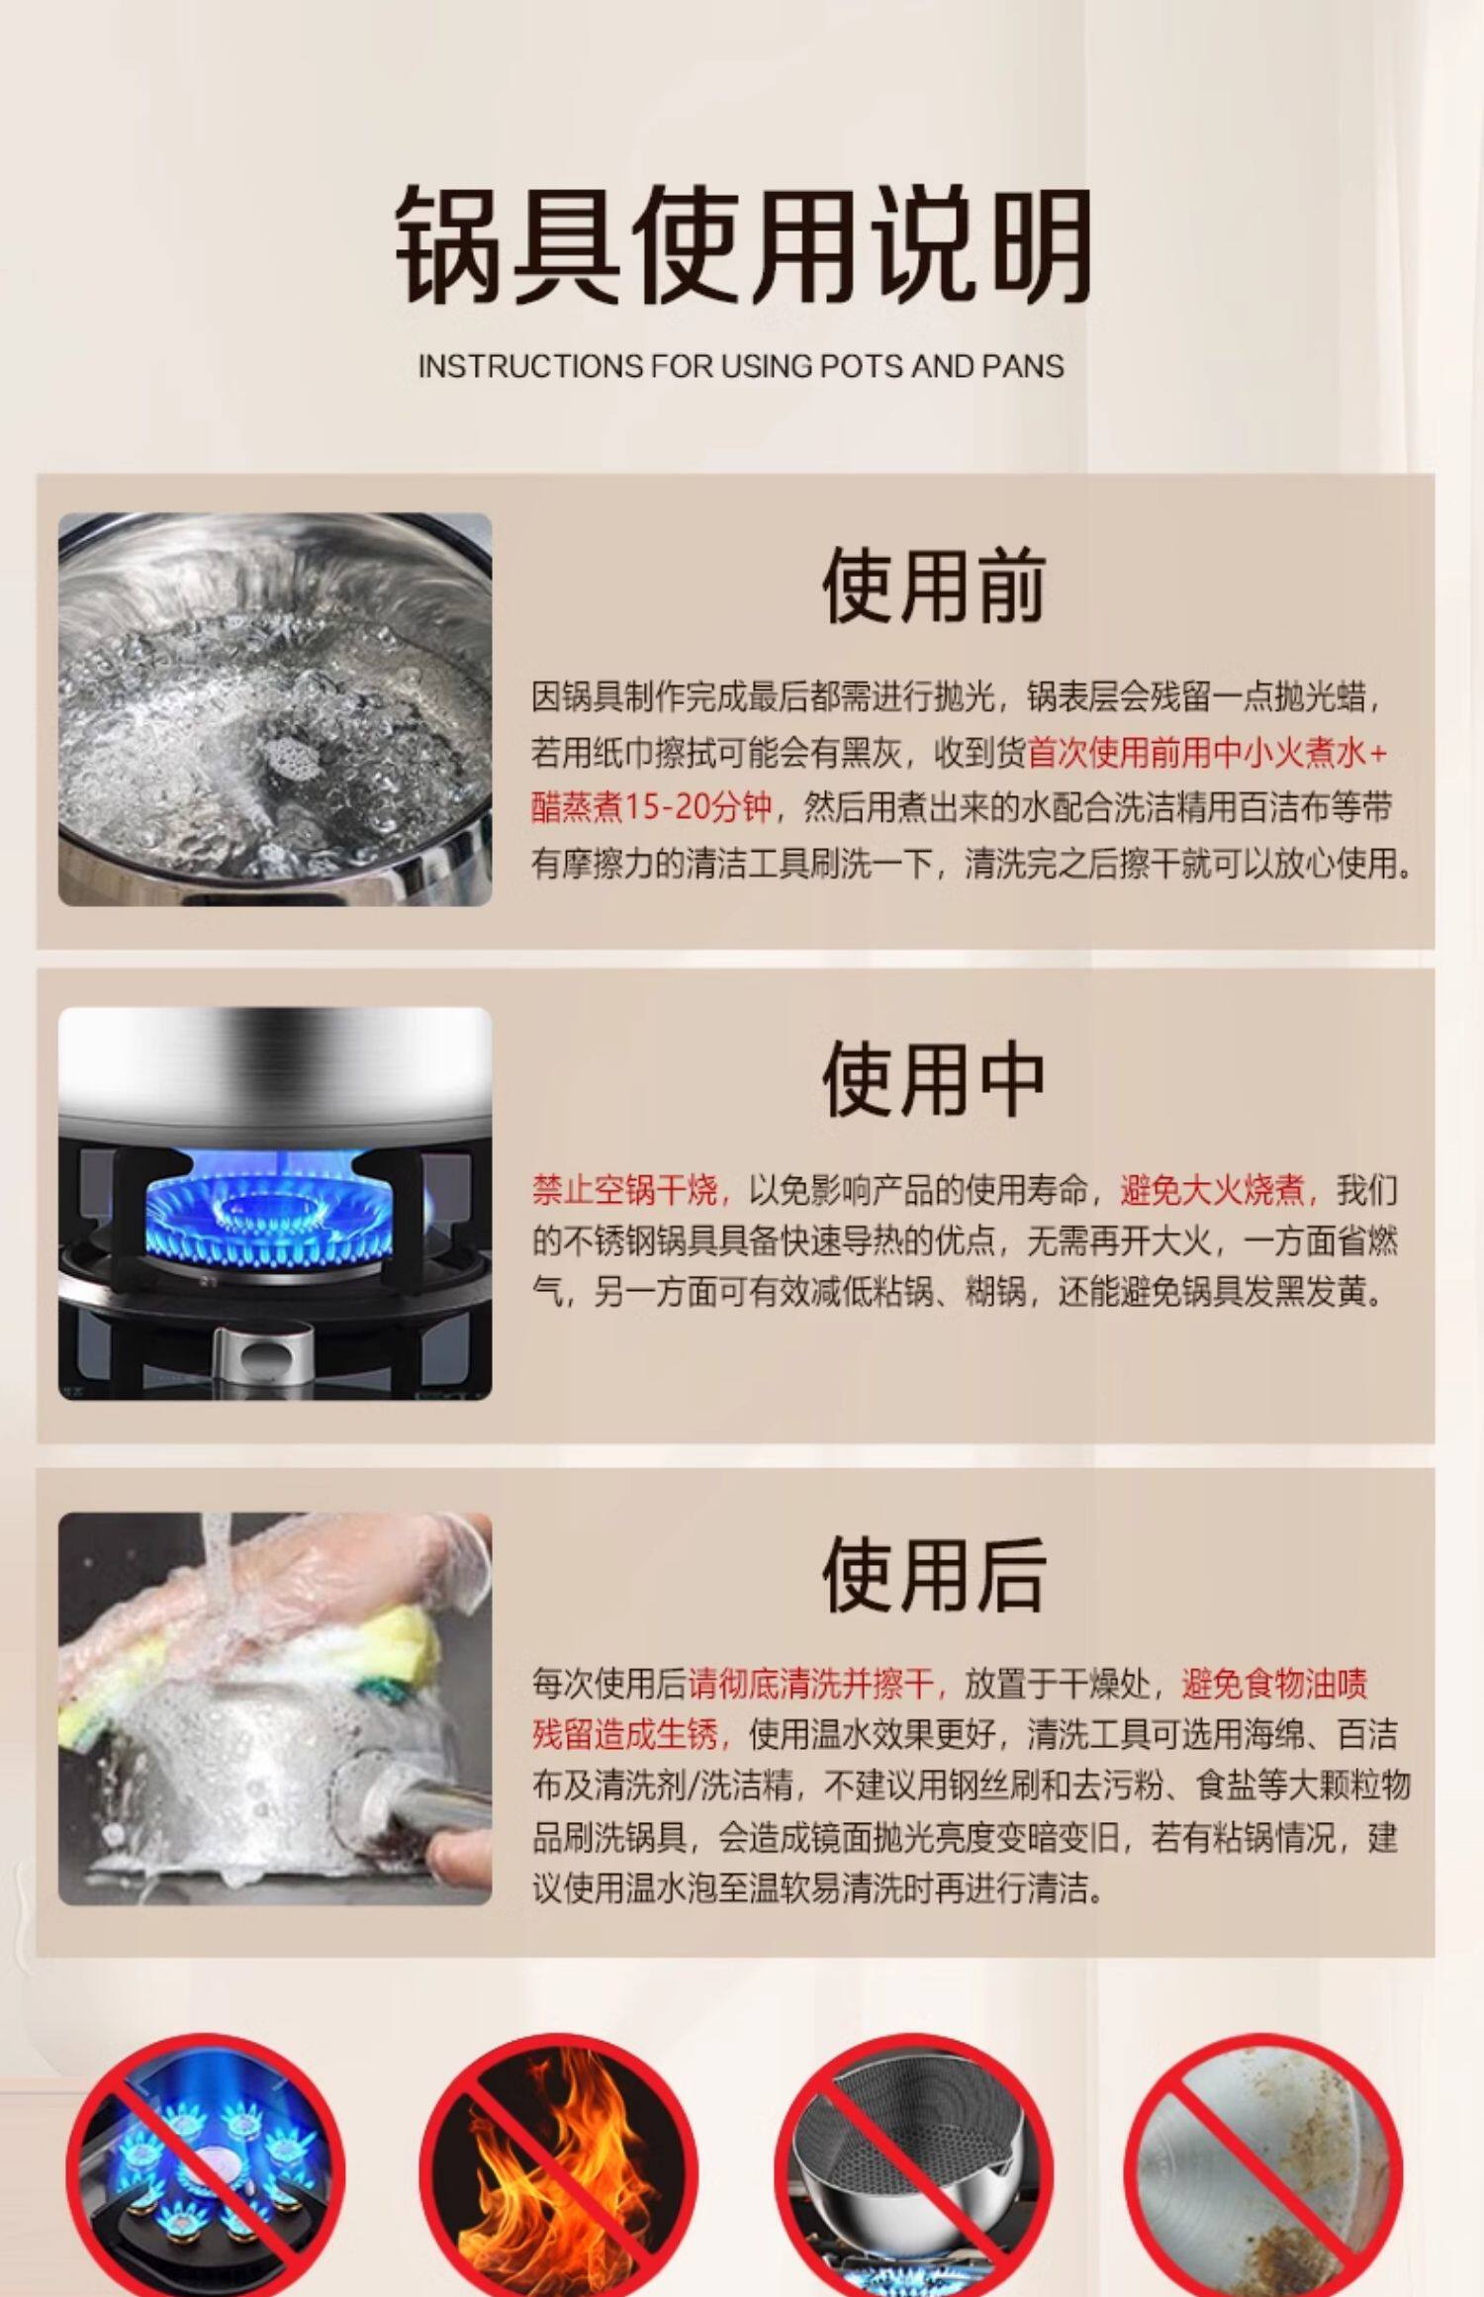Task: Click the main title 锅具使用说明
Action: coord(743,244)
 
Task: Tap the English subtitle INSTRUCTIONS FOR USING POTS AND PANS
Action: coord(741,366)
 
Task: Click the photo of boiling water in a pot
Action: coord(275,709)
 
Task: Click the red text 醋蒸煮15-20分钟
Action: coord(651,808)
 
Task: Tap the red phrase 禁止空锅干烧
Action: coord(625,1189)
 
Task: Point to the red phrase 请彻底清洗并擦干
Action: coord(811,1682)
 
